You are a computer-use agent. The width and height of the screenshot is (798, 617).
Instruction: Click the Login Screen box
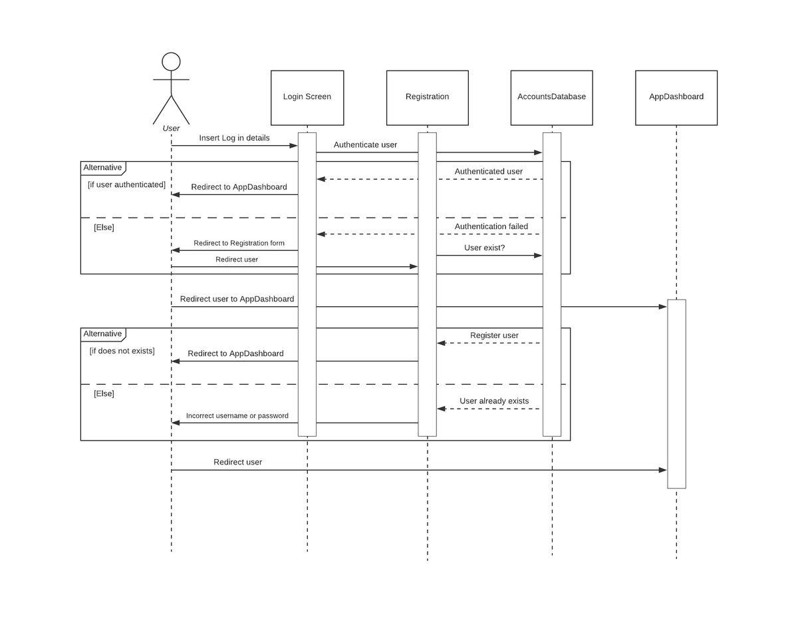(307, 98)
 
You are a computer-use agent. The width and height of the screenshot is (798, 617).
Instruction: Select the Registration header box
(427, 98)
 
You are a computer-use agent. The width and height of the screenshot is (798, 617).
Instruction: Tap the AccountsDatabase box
(551, 98)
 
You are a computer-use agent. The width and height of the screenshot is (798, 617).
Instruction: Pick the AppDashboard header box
(676, 98)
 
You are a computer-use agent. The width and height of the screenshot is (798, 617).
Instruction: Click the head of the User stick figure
(171, 61)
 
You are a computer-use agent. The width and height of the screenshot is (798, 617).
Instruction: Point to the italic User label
(171, 128)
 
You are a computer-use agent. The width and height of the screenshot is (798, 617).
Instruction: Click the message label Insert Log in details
(234, 138)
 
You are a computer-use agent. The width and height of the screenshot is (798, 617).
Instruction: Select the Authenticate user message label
(365, 145)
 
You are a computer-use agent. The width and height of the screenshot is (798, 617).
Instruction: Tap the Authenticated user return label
(488, 171)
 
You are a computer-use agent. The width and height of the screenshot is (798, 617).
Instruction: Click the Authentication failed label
(491, 226)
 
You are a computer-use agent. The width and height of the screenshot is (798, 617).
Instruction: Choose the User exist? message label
(484, 248)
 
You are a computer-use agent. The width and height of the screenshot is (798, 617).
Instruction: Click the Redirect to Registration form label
(239, 243)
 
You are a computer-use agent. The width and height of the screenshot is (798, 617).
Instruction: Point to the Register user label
(494, 335)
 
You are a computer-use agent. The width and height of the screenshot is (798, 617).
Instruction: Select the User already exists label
(494, 401)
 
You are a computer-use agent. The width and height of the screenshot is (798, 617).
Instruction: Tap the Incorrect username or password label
(237, 415)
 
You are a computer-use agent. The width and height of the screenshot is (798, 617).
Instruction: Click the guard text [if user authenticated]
(127, 184)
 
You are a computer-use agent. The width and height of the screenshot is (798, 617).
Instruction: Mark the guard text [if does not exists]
(122, 351)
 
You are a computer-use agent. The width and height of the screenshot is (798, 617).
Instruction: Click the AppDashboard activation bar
(676, 394)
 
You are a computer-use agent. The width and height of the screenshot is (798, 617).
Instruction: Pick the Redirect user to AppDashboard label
(237, 299)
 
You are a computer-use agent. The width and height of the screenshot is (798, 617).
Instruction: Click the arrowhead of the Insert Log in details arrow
(293, 146)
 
